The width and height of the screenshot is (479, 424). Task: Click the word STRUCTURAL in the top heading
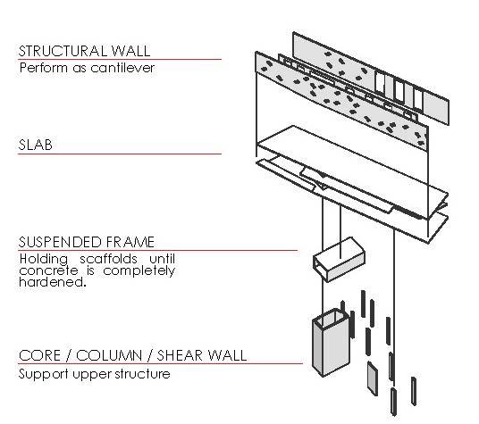tap(63, 51)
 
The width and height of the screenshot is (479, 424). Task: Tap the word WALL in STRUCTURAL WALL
tap(131, 51)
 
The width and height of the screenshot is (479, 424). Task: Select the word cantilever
tap(122, 68)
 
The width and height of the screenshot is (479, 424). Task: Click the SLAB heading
tap(36, 145)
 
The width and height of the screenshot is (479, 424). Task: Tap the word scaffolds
tap(108, 259)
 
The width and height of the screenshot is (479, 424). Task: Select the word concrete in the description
tap(48, 270)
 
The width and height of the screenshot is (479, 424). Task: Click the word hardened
tap(53, 281)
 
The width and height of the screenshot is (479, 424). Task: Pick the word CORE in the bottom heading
tap(39, 355)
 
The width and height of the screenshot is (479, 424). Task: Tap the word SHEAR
tap(180, 355)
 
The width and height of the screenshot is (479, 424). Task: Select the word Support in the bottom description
tap(44, 374)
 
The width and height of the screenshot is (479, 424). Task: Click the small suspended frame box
tap(339, 260)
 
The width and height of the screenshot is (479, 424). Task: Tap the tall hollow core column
tap(332, 343)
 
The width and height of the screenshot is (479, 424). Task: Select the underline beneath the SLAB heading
tap(120, 154)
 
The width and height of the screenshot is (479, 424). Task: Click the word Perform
tap(43, 68)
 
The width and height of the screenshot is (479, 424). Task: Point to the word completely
tap(139, 270)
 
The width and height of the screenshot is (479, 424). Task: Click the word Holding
tap(44, 259)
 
